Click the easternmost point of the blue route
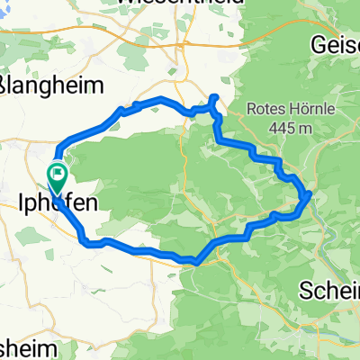click(x=310, y=193)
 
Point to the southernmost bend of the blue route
click(x=195, y=263)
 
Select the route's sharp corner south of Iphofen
click(x=86, y=241)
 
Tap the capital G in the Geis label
click(x=317, y=44)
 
